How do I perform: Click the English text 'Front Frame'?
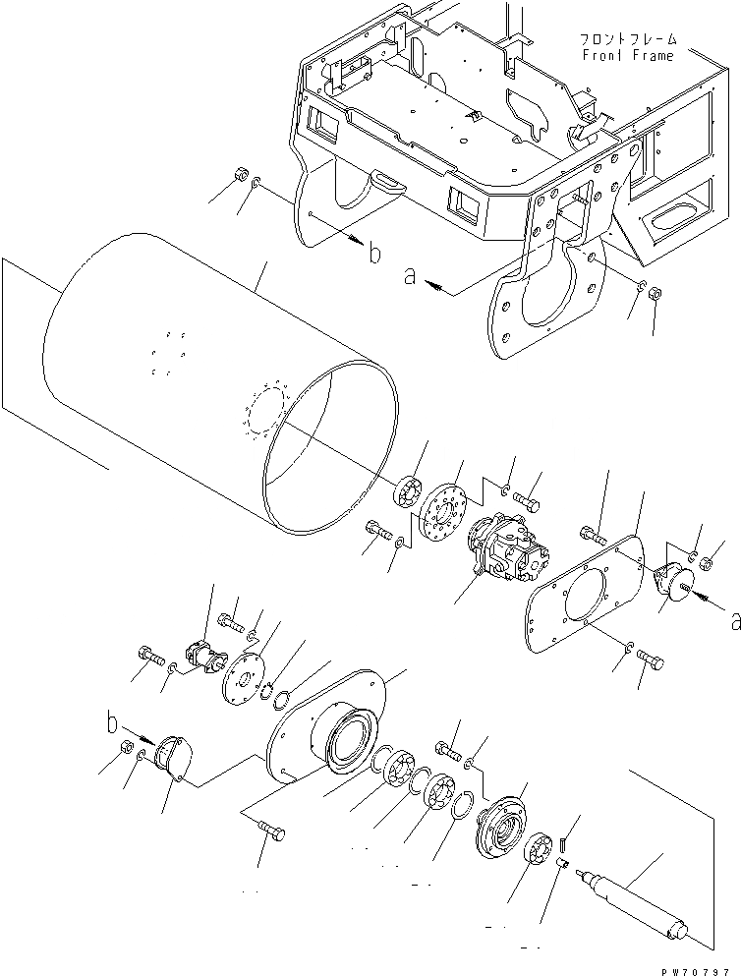pyautogui.click(x=628, y=56)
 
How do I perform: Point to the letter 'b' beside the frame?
pyautogui.click(x=373, y=255)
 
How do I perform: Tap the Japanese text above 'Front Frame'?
pyautogui.click(x=628, y=39)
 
